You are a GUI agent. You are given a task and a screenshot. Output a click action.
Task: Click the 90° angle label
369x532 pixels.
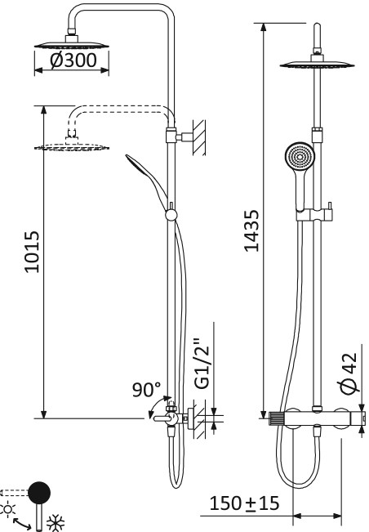(x=147, y=390)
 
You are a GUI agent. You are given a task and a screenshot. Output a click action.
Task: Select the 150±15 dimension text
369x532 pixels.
(x=243, y=503)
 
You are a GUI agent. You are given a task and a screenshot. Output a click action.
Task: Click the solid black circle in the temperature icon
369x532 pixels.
(x=38, y=492)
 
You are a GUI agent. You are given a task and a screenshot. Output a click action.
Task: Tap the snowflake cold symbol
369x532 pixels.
(x=59, y=521)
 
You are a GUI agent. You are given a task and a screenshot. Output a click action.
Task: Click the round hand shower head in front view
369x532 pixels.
(x=298, y=157)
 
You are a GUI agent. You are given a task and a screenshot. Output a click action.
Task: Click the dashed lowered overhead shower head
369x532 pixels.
(x=72, y=146)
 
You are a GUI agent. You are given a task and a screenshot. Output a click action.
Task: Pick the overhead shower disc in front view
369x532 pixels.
(x=314, y=65)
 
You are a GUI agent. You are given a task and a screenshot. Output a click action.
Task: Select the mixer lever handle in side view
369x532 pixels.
(x=161, y=418)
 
